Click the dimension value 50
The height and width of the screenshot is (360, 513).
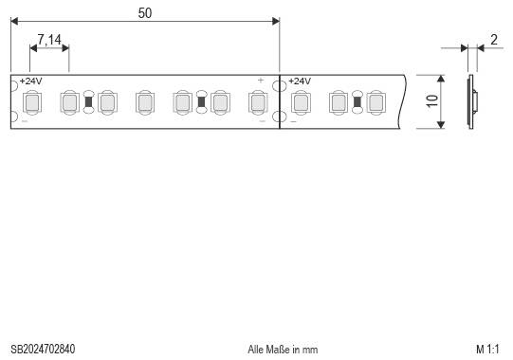point(144,12)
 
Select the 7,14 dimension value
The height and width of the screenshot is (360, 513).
point(49,40)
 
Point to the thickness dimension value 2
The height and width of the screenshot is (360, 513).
point(494,40)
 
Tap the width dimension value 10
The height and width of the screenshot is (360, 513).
point(432,101)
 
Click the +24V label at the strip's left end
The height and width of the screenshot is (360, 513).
point(30,81)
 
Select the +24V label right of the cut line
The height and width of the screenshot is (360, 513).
point(300,81)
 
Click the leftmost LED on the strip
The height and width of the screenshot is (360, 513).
point(31,101)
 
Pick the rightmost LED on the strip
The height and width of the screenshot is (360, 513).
point(376,101)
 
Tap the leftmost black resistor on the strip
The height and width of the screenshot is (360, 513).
point(88,101)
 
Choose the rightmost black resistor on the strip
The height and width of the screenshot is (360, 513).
point(357,101)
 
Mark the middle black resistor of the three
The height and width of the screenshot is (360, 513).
point(201,101)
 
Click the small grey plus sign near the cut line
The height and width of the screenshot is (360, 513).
point(260,81)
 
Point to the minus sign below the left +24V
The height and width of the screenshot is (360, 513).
point(24,121)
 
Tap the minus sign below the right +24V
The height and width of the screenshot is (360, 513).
point(293,121)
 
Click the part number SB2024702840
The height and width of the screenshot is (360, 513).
point(43,350)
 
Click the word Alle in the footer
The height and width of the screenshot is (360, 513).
point(256,350)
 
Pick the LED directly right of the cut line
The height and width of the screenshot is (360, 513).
point(301,101)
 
